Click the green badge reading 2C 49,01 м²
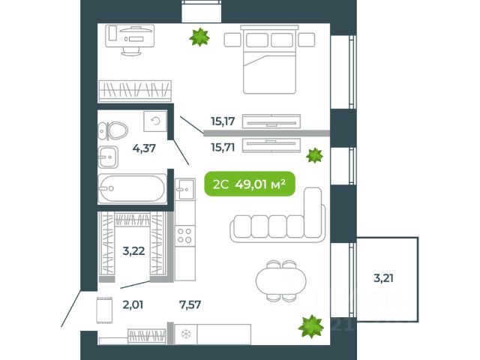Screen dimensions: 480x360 click(250, 184)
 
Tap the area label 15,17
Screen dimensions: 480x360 click(223, 121)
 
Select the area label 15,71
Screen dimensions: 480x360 click(223, 148)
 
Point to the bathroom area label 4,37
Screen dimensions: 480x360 click(144, 148)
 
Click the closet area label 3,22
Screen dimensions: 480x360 click(133, 251)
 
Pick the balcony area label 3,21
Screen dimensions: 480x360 click(383, 278)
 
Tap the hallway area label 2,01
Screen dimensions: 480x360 click(133, 305)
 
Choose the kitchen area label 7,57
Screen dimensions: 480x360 click(190, 304)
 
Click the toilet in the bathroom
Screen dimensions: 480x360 click(112, 131)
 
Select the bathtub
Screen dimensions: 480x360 click(132, 188)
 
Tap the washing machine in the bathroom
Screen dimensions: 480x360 click(155, 121)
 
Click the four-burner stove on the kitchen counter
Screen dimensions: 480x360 click(185, 235)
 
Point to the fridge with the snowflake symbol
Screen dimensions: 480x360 click(185, 334)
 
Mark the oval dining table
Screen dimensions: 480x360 click(281, 280)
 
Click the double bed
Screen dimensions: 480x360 click(269, 60)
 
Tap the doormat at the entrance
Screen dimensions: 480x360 click(104, 310)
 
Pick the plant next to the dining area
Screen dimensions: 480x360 click(311, 326)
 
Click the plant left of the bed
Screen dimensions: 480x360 click(199, 37)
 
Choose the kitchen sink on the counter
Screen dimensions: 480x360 click(185, 189)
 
